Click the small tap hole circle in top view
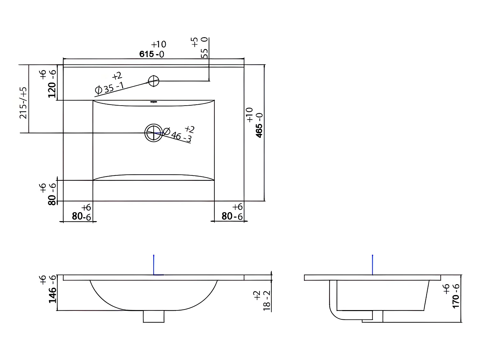pos(154,81)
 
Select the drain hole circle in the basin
pos(154,133)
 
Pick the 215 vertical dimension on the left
pos(24,102)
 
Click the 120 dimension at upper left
pos(52,90)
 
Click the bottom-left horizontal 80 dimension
pos(78,216)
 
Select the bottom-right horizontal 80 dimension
pos(227,216)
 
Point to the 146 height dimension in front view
pos(52,294)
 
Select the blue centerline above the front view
pos(154,264)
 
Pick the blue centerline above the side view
pos(372,264)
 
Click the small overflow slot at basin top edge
pos(154,102)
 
